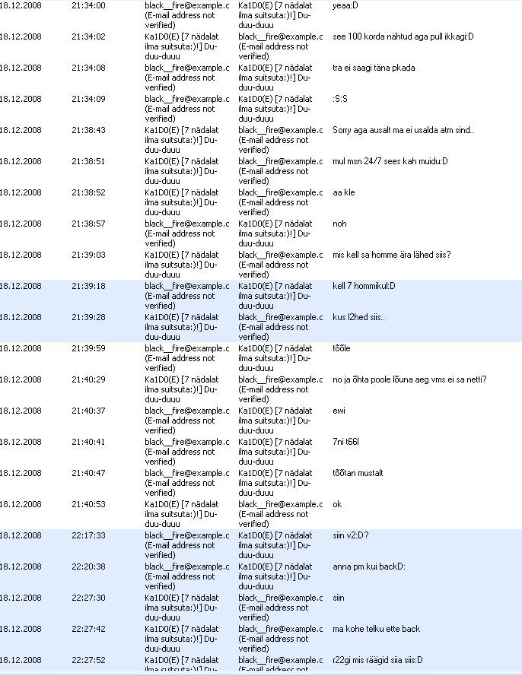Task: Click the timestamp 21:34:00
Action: (x=88, y=5)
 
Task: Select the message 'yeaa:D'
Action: (x=345, y=5)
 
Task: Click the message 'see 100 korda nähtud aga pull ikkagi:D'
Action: (x=403, y=36)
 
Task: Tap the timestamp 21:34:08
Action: (x=88, y=68)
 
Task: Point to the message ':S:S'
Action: (x=341, y=99)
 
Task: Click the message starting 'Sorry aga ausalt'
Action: (x=403, y=130)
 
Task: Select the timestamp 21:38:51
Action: (x=88, y=161)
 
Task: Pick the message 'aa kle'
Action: (x=344, y=192)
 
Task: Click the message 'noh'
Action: (x=339, y=224)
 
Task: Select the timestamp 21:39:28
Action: (x=88, y=317)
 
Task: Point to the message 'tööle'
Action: (x=342, y=348)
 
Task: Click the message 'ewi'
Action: (x=339, y=411)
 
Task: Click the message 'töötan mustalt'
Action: (x=358, y=473)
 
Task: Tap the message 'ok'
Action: (x=338, y=504)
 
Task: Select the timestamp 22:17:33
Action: (x=88, y=535)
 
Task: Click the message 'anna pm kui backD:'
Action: (x=369, y=567)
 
